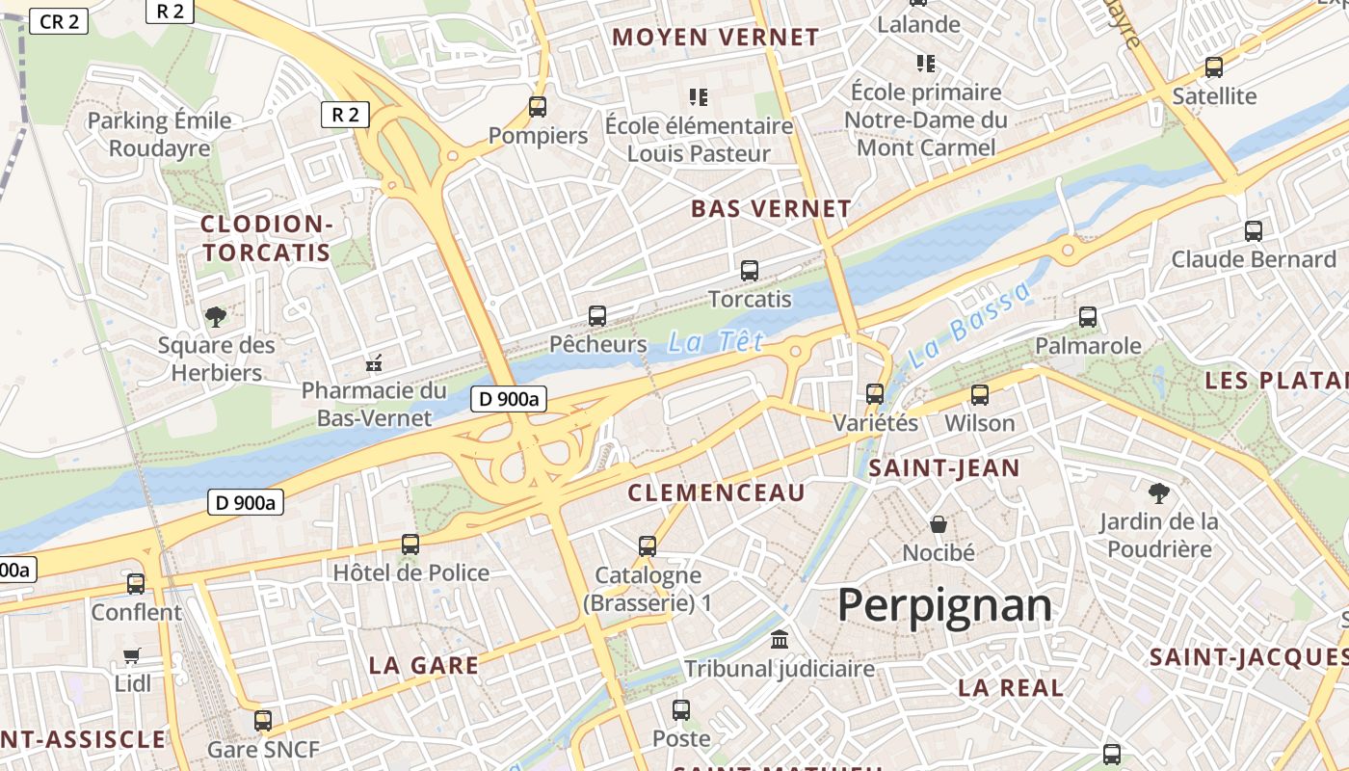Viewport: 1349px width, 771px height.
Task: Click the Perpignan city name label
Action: (x=944, y=605)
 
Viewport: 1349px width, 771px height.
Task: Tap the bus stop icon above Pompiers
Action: (x=538, y=107)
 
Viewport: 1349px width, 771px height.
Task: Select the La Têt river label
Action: (x=716, y=341)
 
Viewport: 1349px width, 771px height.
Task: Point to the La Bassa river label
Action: (x=969, y=325)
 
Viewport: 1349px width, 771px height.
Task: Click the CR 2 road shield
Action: (x=59, y=21)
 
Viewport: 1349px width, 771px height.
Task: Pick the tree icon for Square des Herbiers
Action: (x=216, y=316)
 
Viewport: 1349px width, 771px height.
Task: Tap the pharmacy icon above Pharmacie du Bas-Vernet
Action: (x=374, y=363)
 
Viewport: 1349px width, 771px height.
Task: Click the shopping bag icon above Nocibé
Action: (x=939, y=524)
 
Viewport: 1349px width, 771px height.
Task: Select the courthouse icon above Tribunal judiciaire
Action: (x=779, y=640)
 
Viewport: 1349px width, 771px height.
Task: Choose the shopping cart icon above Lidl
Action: (x=132, y=655)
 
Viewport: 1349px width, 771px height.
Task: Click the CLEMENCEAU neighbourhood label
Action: (x=716, y=493)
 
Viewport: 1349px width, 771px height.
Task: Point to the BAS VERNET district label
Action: (x=771, y=209)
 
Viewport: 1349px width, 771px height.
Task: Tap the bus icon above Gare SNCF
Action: (x=262, y=720)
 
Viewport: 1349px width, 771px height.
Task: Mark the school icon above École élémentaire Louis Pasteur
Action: (x=699, y=96)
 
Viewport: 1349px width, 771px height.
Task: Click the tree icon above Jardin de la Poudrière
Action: (x=1159, y=493)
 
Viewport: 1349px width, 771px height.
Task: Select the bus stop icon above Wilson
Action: (x=980, y=394)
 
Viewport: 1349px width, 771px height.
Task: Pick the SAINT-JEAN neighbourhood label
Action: (x=943, y=469)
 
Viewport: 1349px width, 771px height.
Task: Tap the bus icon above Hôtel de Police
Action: (x=410, y=545)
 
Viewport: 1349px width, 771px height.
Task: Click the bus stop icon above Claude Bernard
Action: (x=1253, y=231)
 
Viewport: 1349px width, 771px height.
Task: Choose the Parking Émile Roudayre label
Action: (x=160, y=134)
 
